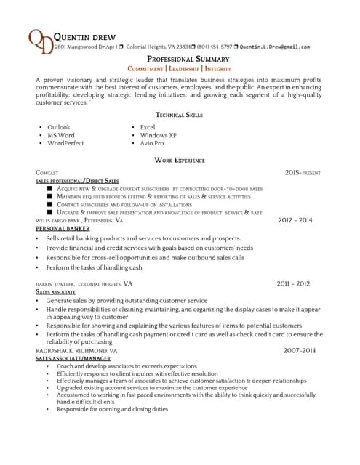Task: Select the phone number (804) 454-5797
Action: coord(215,46)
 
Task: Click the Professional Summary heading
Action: coord(188,59)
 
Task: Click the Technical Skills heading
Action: coord(180,115)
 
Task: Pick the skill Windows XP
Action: coord(158,135)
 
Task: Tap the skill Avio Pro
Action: coord(152,143)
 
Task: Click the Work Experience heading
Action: coord(180,160)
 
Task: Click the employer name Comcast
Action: coord(47,173)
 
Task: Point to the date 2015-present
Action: coord(303,173)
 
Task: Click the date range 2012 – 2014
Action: coord(295,219)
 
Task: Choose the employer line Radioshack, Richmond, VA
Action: coord(76,350)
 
